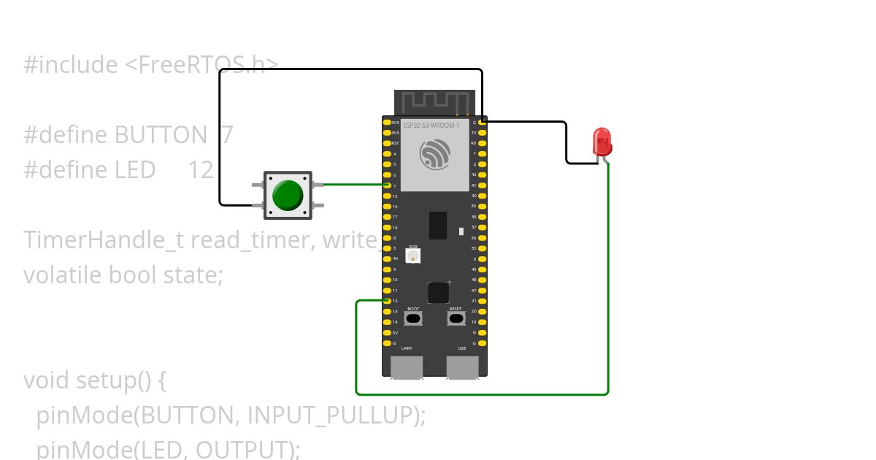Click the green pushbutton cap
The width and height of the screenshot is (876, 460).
click(x=287, y=195)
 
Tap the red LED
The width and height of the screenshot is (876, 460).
click(x=602, y=141)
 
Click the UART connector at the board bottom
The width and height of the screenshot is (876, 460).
click(x=407, y=367)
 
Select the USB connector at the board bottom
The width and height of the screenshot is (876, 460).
click(x=462, y=367)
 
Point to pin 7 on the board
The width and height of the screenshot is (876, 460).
click(x=387, y=185)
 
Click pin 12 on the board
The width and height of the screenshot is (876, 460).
click(x=387, y=301)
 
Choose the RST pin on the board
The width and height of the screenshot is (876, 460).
click(x=387, y=143)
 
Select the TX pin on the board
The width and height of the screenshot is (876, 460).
click(x=483, y=133)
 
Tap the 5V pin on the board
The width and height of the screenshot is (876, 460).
click(x=387, y=332)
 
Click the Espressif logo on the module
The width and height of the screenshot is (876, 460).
click(x=434, y=155)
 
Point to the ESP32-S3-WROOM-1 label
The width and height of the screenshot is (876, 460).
click(x=431, y=126)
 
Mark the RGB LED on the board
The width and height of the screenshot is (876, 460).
click(x=413, y=256)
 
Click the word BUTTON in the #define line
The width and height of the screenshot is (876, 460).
click(x=161, y=135)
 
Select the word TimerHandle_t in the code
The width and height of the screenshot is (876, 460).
click(x=104, y=239)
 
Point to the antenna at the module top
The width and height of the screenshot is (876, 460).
click(x=434, y=102)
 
